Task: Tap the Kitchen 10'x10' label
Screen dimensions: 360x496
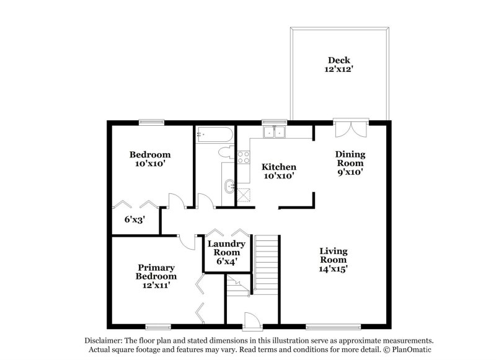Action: click(278, 171)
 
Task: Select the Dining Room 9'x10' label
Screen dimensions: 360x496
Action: click(350, 163)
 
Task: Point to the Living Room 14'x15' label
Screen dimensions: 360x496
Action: click(333, 260)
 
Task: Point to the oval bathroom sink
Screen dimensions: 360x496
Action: click(230, 184)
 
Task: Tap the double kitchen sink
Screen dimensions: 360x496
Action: click(273, 131)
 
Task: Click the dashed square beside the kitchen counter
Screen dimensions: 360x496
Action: click(246, 194)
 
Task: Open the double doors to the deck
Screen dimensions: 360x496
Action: click(350, 128)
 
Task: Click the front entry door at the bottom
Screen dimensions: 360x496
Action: click(251, 321)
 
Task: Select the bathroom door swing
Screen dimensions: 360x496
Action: click(205, 200)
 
